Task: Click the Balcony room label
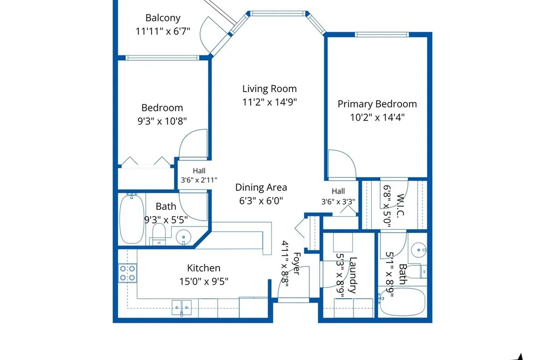pos(162,18)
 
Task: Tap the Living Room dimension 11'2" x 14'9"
pos(270,102)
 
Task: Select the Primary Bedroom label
pos(377,104)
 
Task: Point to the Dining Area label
pos(261,188)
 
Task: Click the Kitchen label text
pos(204,268)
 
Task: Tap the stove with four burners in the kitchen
pos(127,273)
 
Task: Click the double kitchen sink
pos(181,308)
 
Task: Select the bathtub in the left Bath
pos(132,219)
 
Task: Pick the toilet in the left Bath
pos(159,234)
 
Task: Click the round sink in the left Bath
pos(183,238)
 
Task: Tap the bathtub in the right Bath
pos(402,301)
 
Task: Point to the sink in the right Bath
pos(419,250)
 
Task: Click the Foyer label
pos(296,264)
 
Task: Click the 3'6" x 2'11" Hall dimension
pos(199,180)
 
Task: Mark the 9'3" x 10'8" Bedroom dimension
pos(162,121)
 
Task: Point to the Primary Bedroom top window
pos(381,34)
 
